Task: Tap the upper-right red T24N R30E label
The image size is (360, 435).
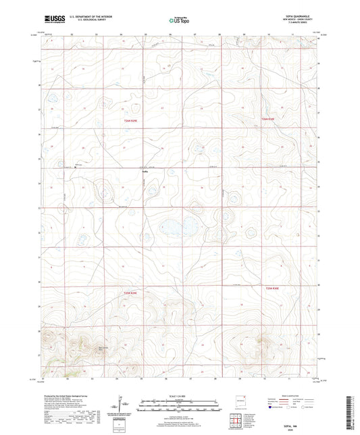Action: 269,119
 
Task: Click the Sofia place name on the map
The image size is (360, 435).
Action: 144,172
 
